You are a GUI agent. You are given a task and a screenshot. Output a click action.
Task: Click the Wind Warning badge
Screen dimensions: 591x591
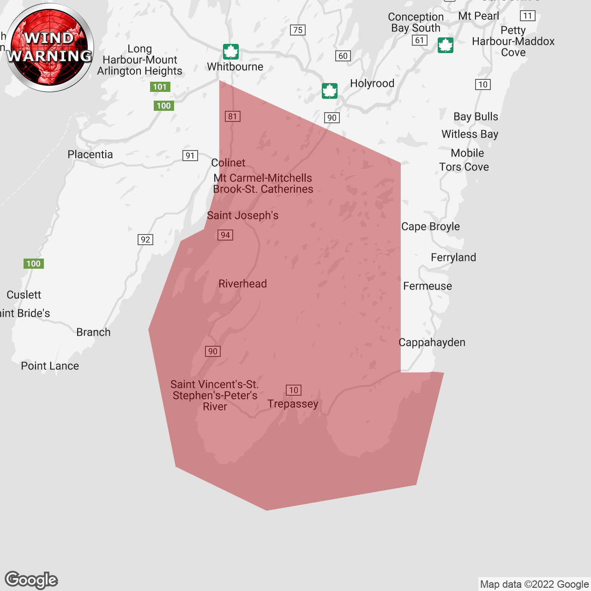pos(49,48)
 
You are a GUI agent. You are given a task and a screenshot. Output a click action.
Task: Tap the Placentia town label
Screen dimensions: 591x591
pos(90,154)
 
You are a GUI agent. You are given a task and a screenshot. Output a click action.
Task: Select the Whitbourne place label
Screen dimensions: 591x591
pos(235,66)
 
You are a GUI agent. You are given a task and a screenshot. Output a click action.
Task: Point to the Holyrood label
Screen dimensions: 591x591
pos(372,83)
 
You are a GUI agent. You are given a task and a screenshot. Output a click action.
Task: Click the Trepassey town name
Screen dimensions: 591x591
pos(293,404)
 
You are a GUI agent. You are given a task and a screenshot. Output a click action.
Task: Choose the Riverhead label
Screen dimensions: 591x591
pos(242,283)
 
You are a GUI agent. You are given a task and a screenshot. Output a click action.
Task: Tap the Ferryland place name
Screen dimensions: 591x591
pos(453,257)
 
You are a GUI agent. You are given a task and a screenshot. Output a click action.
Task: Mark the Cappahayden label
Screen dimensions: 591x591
pos(432,342)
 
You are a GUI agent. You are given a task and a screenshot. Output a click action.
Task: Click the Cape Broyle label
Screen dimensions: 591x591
pos(430,226)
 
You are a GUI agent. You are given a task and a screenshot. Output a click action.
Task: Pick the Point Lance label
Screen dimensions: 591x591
pos(50,366)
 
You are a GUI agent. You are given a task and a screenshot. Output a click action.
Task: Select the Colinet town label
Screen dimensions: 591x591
pos(228,163)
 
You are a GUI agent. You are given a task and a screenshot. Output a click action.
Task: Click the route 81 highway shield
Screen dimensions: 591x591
pos(233,116)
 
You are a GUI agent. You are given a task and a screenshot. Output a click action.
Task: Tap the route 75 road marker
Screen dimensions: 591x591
pos(298,30)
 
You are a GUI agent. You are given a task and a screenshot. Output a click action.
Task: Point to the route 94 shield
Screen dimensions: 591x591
pos(225,235)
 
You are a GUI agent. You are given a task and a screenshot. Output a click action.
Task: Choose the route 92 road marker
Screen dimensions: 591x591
pos(145,239)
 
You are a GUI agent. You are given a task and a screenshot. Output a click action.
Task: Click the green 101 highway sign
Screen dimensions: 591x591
pos(160,87)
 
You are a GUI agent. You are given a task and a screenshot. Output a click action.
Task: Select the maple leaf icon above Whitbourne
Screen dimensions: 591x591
pos(231,51)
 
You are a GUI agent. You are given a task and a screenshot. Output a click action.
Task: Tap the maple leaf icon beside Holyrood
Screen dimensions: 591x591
pos(330,91)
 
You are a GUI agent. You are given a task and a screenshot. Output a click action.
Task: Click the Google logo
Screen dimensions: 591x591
pos(31,580)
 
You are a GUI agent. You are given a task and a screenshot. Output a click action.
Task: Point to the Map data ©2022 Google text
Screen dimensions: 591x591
pos(534,584)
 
